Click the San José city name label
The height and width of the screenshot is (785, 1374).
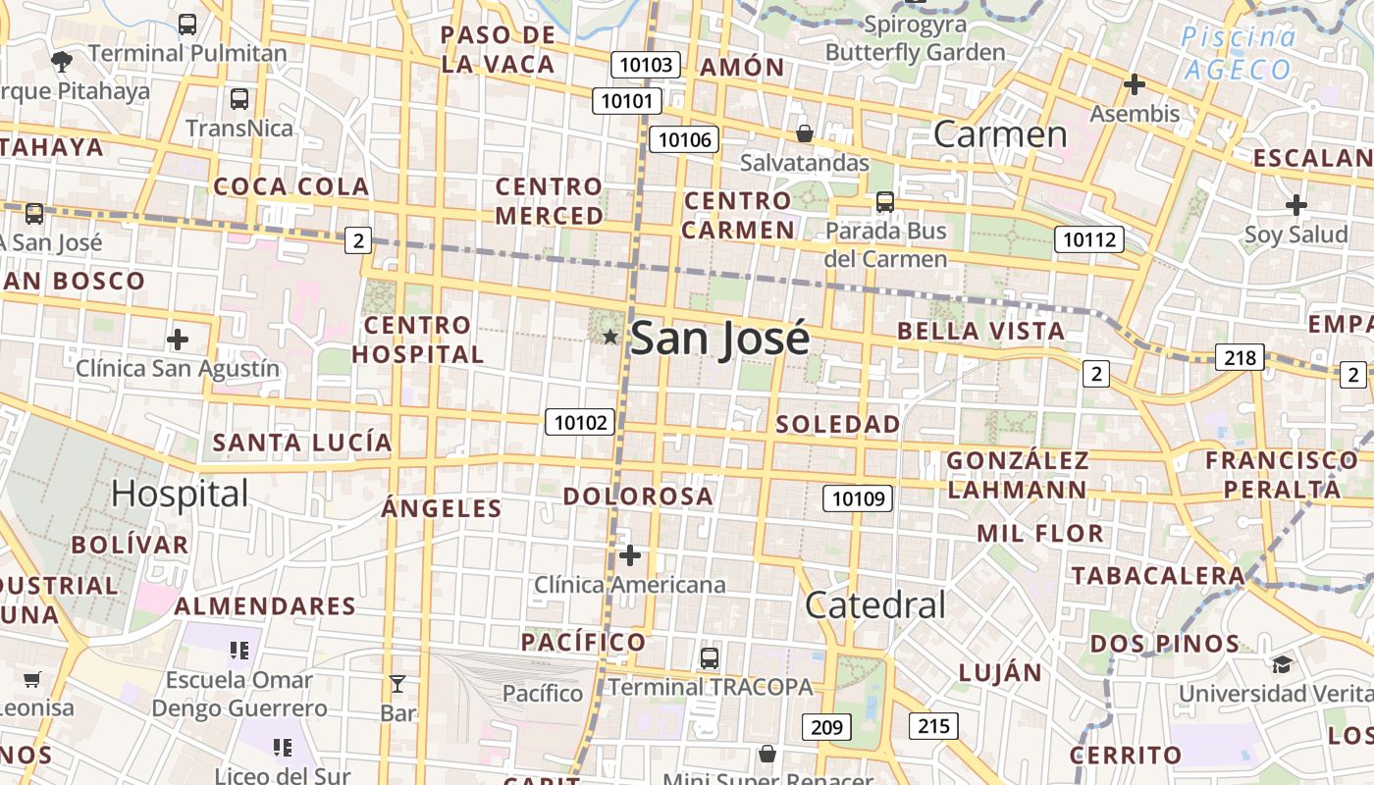coord(719,339)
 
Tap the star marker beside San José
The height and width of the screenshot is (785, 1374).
coord(609,338)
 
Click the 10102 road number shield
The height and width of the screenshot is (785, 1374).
coord(580,422)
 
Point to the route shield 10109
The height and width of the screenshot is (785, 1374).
coord(857,498)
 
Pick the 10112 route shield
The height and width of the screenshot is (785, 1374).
coord(1088,238)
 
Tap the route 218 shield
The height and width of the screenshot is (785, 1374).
coord(1240,357)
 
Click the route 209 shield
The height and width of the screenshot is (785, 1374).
coord(826,727)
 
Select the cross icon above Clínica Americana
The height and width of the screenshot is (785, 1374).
coord(630,556)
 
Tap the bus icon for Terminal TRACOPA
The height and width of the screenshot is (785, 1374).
coord(710,658)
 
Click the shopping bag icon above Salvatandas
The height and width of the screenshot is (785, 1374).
coord(805,133)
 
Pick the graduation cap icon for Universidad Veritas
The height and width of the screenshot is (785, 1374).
coord(1282,665)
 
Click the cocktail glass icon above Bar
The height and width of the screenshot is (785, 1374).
coord(397,684)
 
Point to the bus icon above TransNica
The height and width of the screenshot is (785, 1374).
coord(239,99)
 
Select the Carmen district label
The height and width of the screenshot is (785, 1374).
coord(999,134)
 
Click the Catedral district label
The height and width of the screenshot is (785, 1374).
coord(874,605)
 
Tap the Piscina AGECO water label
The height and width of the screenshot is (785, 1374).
coord(1239,54)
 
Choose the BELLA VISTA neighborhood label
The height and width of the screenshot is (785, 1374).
coord(980,331)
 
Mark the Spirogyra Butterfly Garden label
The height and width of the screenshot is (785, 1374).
coord(915,38)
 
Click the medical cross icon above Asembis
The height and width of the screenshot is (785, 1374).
coord(1135,85)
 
